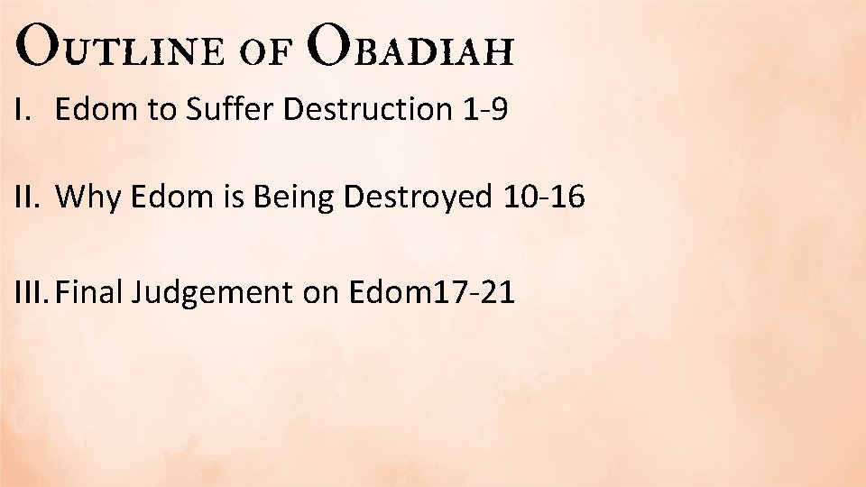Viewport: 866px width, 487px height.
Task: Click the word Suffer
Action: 231,110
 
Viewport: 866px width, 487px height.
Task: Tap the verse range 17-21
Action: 470,292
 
